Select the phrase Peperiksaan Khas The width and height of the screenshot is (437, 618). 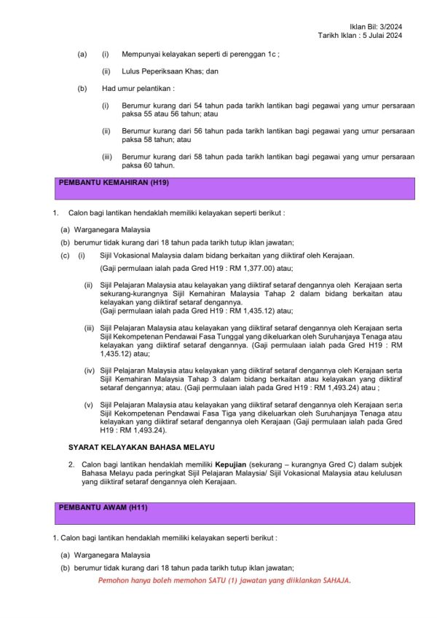(x=172, y=71)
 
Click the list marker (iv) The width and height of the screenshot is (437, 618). (x=90, y=371)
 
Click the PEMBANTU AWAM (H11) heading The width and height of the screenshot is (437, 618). (x=103, y=507)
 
